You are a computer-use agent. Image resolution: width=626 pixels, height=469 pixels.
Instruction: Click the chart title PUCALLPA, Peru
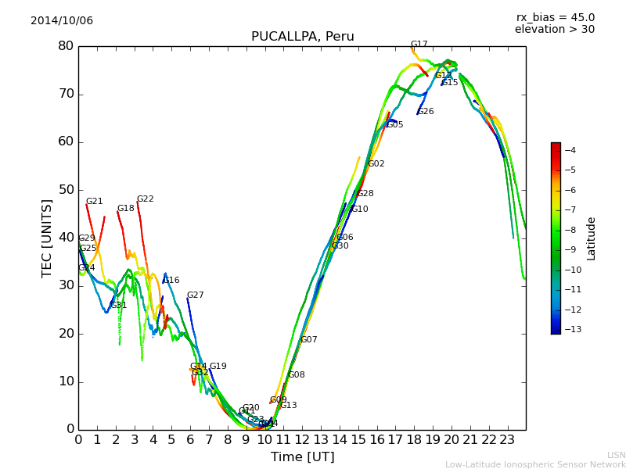click(x=302, y=37)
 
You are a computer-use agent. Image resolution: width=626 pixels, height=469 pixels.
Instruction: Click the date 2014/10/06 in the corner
click(x=62, y=21)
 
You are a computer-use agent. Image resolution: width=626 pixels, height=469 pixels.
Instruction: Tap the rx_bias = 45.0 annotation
click(x=555, y=18)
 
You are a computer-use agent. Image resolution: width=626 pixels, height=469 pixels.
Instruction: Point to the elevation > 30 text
click(x=554, y=30)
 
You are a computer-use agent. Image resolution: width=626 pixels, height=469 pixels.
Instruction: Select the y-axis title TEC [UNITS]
click(x=47, y=238)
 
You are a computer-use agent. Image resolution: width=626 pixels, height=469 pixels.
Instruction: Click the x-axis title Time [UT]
click(x=302, y=457)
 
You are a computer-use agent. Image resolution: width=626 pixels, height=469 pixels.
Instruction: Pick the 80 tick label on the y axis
click(x=66, y=46)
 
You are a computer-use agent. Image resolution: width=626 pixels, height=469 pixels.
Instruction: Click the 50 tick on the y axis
click(x=66, y=190)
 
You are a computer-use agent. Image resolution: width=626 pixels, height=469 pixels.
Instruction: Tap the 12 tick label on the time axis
click(x=302, y=439)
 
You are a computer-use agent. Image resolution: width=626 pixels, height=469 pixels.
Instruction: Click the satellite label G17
click(x=419, y=45)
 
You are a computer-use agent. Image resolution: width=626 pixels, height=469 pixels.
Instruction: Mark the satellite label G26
click(x=426, y=112)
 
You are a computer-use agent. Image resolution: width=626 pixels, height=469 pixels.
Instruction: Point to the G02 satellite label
click(x=376, y=164)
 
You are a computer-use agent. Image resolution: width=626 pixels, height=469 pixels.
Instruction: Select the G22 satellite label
click(x=146, y=199)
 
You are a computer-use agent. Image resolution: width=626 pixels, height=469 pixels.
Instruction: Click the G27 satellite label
click(x=196, y=295)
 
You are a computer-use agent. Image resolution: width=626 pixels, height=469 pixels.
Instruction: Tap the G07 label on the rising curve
click(x=309, y=340)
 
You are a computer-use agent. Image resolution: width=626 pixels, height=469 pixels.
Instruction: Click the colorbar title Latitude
click(x=592, y=238)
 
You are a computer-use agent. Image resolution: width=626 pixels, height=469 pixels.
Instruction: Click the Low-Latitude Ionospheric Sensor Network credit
click(x=535, y=464)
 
